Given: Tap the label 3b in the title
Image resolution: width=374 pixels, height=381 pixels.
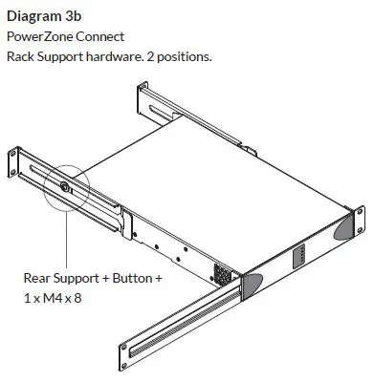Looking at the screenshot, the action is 73,16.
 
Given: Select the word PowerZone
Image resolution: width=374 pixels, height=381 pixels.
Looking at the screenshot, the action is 39,36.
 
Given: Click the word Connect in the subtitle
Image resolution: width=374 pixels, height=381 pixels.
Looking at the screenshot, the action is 99,36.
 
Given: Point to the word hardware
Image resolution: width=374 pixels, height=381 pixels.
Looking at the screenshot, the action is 115,56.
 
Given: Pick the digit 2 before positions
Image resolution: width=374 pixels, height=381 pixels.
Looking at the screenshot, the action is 150,57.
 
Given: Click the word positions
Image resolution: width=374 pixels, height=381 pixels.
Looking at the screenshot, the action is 185,57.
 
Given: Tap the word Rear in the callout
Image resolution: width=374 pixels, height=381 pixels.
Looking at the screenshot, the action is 36,278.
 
